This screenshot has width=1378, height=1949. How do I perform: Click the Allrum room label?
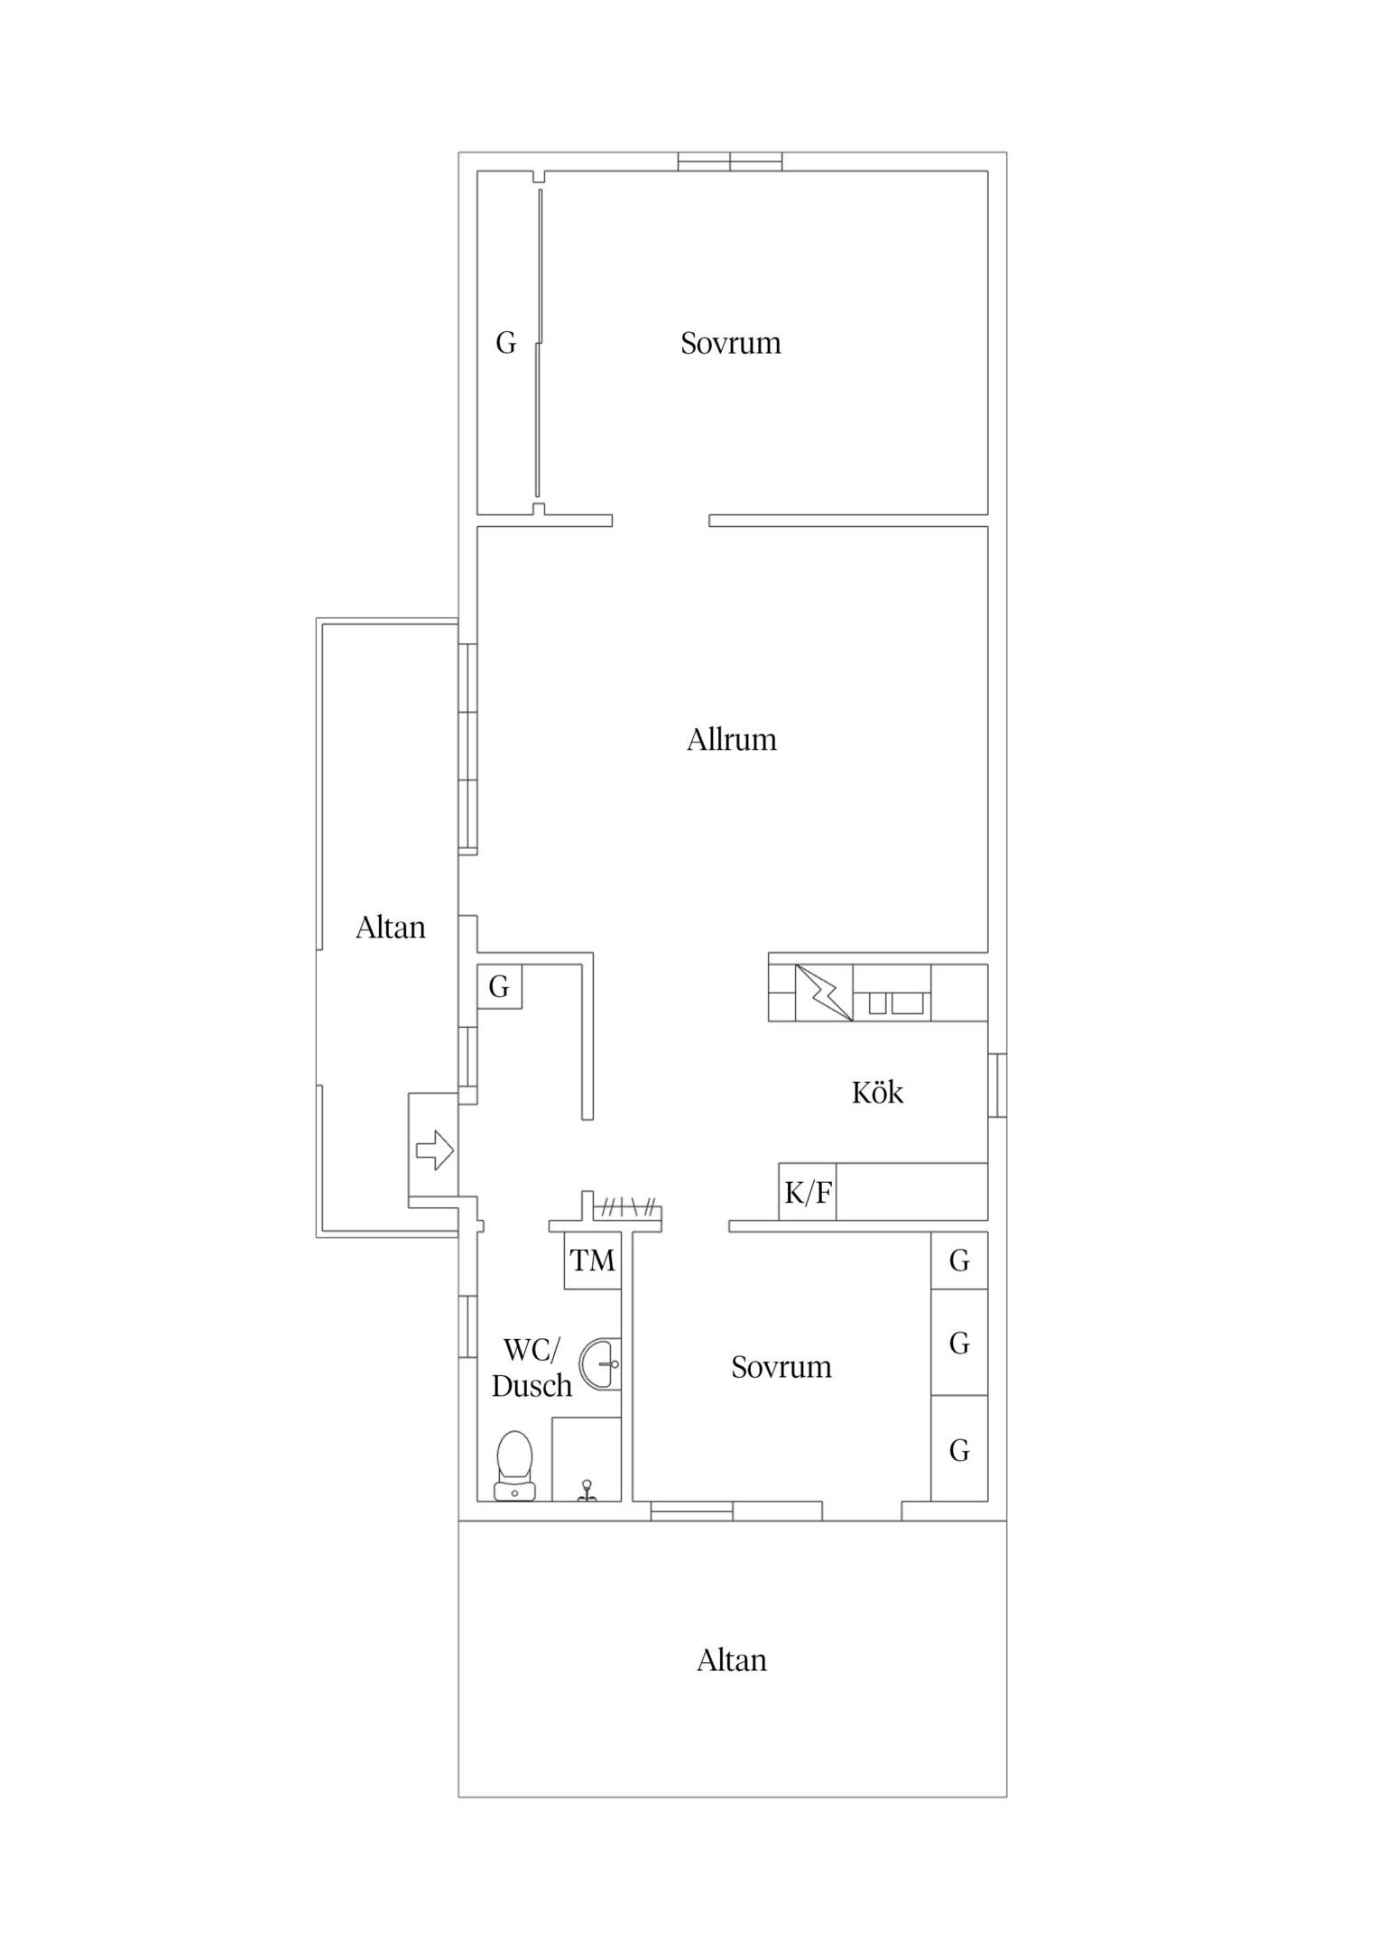tap(731, 740)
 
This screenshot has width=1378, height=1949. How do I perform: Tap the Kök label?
tap(877, 1093)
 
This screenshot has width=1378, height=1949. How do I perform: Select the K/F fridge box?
tap(808, 1192)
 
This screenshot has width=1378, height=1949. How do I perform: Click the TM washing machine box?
tap(593, 1261)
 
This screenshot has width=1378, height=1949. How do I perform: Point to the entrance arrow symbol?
tap(434, 1150)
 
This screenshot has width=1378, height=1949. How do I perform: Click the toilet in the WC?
tap(514, 1465)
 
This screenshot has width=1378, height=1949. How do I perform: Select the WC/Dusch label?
tap(532, 1368)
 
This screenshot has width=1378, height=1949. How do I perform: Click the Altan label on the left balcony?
tap(390, 928)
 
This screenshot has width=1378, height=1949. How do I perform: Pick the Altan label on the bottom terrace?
tap(731, 1660)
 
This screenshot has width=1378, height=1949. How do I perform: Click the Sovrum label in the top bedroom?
tap(730, 343)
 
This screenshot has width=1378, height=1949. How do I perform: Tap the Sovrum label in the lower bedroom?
tap(781, 1367)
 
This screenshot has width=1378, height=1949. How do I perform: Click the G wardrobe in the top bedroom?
tap(507, 343)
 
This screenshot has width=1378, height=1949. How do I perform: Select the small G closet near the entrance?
tap(499, 986)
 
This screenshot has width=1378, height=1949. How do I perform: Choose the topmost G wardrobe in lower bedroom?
tap(959, 1261)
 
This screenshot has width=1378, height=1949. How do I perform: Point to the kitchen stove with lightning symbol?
tap(824, 993)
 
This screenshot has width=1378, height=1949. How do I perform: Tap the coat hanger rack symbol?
tap(628, 1206)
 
